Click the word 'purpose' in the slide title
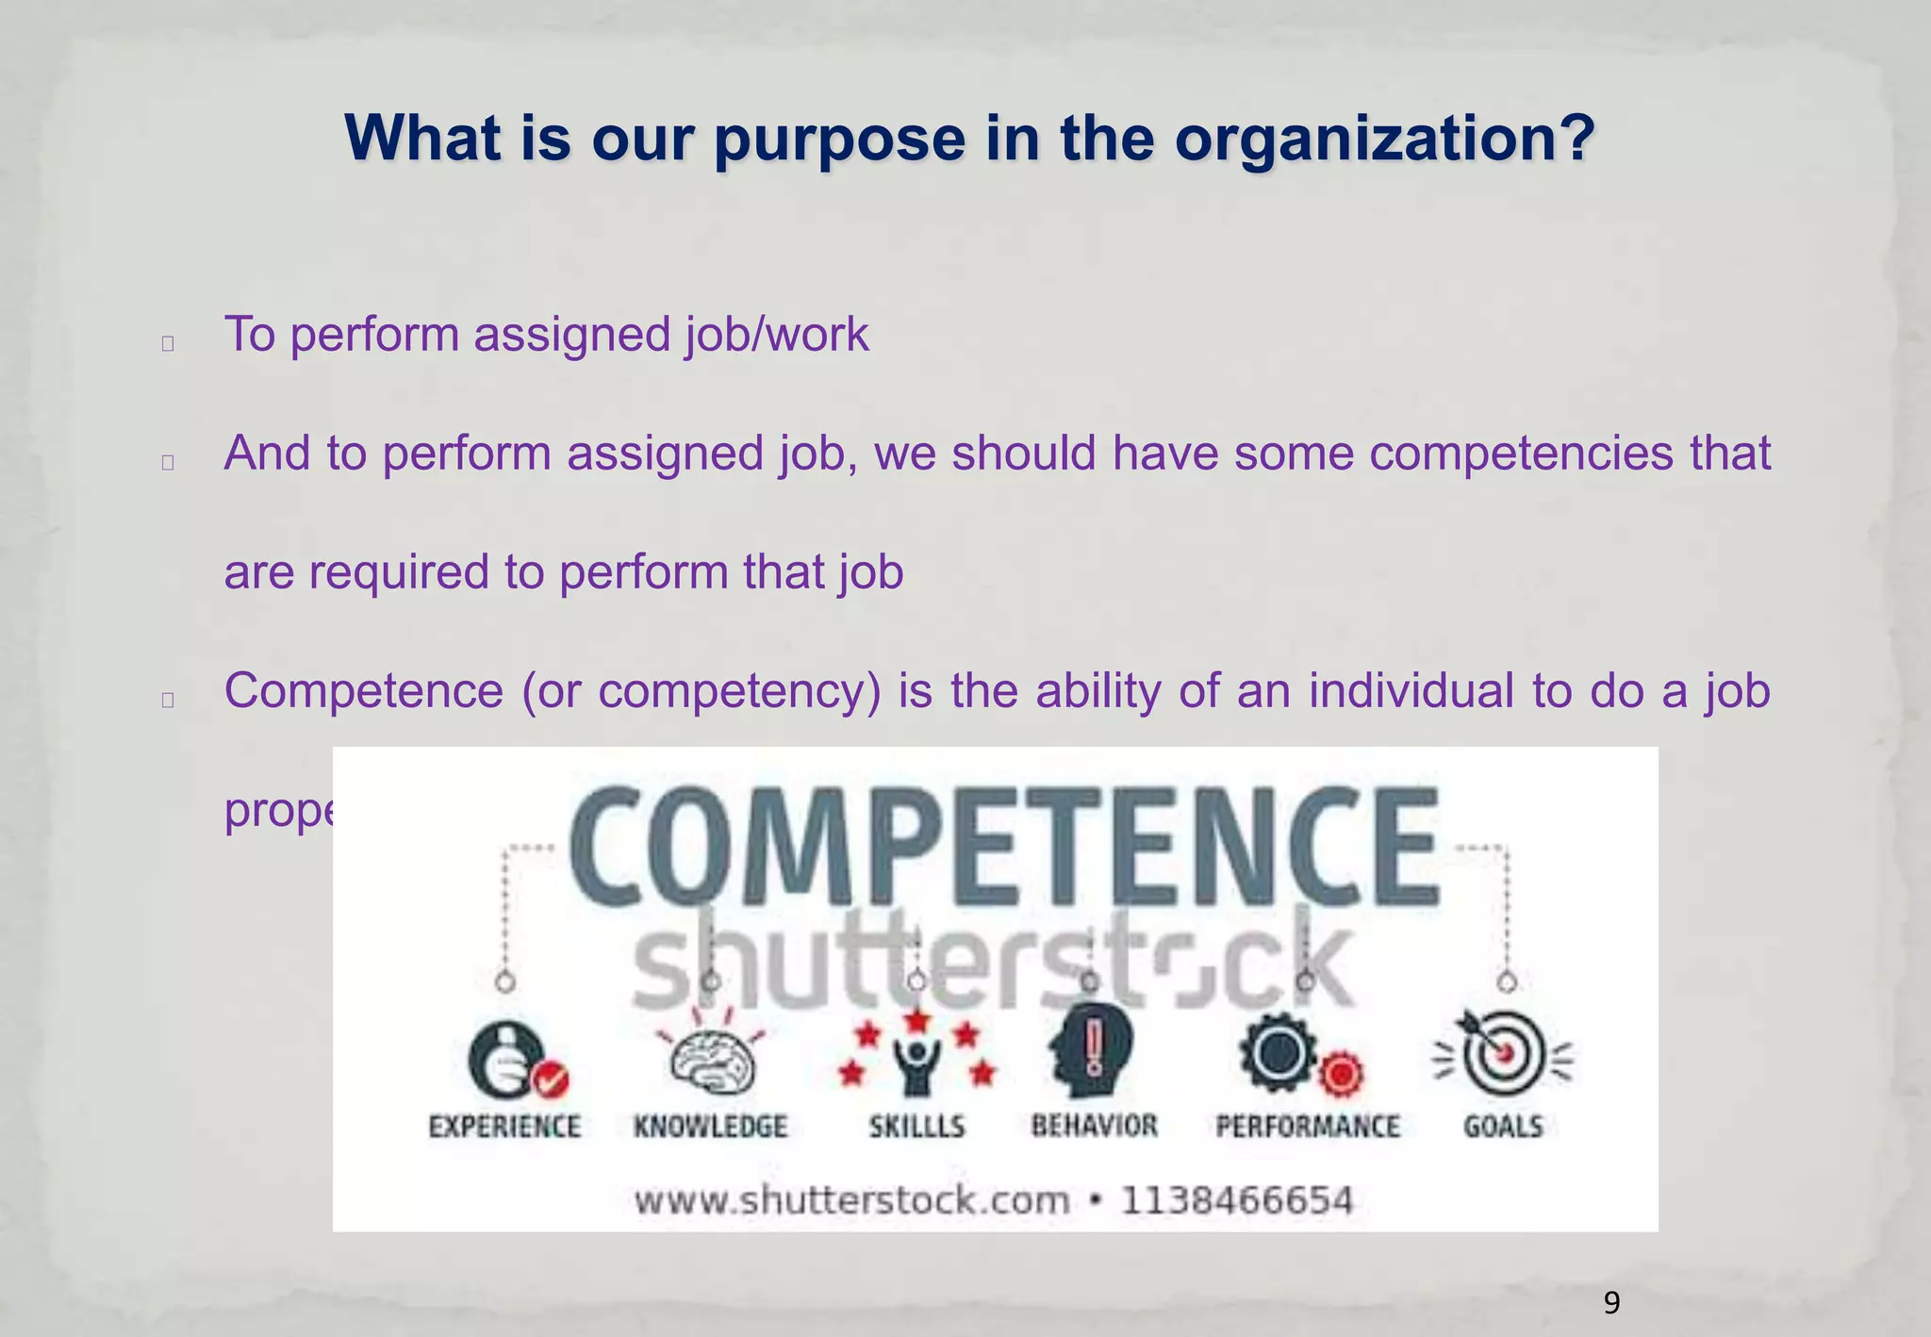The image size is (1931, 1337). [839, 140]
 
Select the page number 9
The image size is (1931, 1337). [1611, 1303]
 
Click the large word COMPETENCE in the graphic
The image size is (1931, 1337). [1004, 847]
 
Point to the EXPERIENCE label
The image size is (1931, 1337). [504, 1127]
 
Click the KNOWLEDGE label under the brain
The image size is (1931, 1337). [710, 1127]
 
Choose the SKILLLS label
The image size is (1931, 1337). [916, 1127]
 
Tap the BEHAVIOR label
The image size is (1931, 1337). [1094, 1126]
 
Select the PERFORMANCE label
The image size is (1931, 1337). [1308, 1127]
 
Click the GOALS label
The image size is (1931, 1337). [1503, 1127]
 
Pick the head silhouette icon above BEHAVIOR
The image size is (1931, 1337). [1091, 1048]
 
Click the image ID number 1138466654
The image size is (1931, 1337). [1236, 1201]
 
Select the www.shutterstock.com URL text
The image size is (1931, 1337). [852, 1201]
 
